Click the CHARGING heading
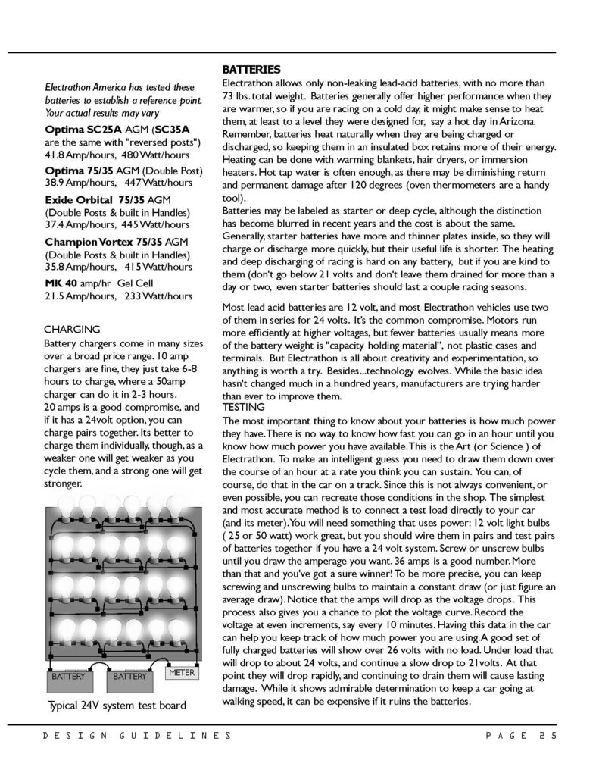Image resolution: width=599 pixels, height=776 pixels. [73, 330]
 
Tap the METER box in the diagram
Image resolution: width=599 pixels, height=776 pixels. [183, 671]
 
